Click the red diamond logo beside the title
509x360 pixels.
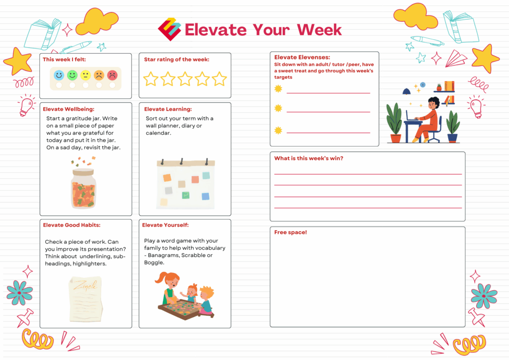click(x=170, y=29)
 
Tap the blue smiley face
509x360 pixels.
click(x=59, y=75)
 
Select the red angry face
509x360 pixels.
click(x=112, y=75)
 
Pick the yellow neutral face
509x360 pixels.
click(x=85, y=75)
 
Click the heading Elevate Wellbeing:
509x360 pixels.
click(x=69, y=109)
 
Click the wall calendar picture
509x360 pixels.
click(x=186, y=184)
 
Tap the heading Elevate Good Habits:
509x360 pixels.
click(x=72, y=225)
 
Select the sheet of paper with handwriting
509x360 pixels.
click(x=85, y=299)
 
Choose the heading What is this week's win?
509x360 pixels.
click(x=309, y=159)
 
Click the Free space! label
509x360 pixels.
click(x=290, y=232)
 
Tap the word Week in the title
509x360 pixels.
click(x=320, y=30)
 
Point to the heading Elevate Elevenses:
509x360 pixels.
click(x=302, y=58)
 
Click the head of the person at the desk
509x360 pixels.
click(x=433, y=103)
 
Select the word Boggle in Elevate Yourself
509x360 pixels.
click(x=154, y=263)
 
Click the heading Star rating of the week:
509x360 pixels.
click(x=176, y=59)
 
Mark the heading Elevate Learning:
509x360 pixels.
click(x=168, y=109)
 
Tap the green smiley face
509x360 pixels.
click(x=72, y=75)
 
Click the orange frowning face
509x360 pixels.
click(x=99, y=75)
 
